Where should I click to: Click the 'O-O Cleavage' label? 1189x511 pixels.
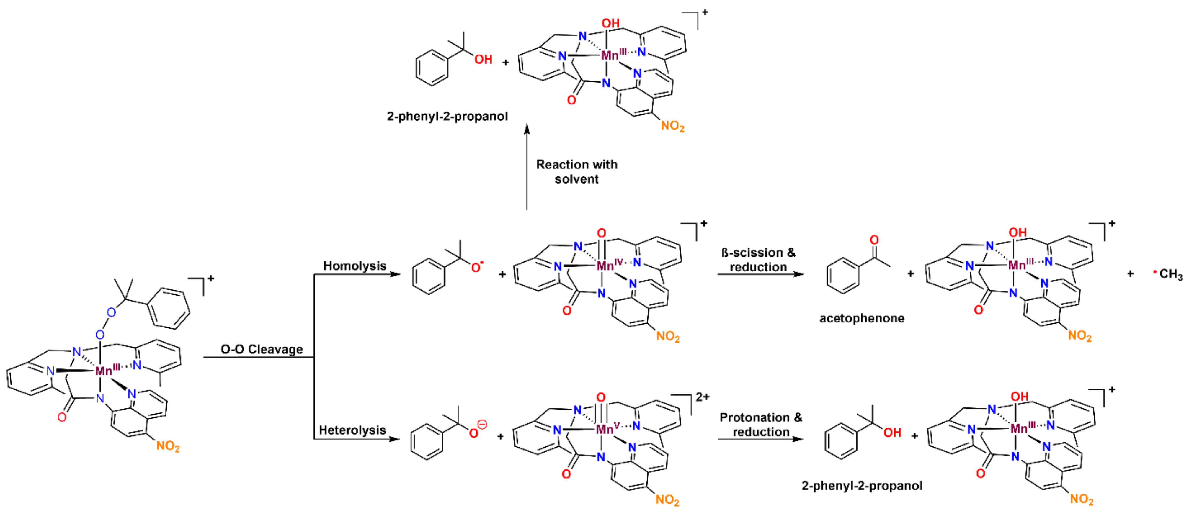[x=262, y=349]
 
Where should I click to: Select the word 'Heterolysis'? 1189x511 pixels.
[x=352, y=430]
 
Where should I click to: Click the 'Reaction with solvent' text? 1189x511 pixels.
[x=576, y=172]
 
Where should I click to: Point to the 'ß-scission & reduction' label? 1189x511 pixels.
[x=758, y=260]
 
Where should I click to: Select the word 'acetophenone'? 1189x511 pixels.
[x=862, y=318]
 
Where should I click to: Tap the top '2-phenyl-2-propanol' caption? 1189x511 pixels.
[x=447, y=116]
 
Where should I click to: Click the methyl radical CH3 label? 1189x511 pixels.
[x=1170, y=274]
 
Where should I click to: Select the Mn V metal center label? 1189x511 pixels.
[x=607, y=429]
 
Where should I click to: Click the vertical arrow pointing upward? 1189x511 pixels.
[x=527, y=166]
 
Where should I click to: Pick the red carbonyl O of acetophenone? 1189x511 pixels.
[x=874, y=240]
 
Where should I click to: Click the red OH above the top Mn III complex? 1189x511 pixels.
[x=610, y=23]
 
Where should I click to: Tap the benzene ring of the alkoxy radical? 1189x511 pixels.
[x=428, y=276]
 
